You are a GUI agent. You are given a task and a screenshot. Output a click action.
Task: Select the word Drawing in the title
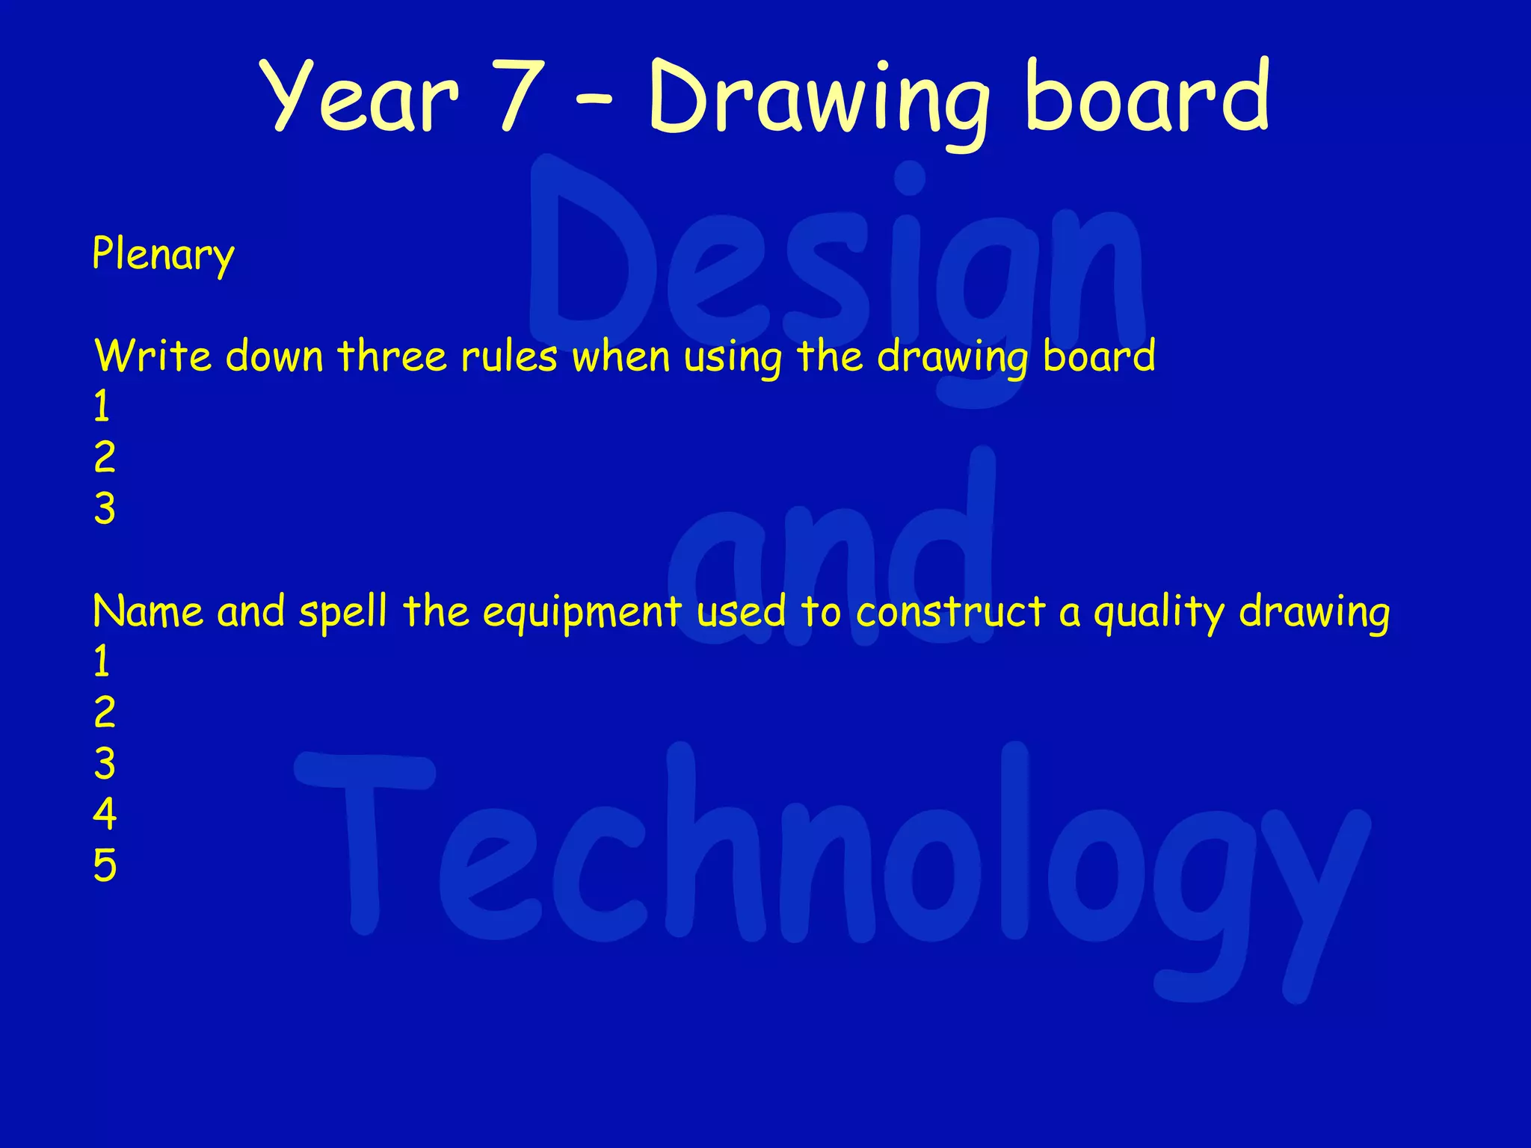(819, 101)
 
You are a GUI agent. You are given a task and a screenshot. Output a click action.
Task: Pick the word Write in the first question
(153, 356)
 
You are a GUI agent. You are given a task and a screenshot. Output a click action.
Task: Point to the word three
(391, 356)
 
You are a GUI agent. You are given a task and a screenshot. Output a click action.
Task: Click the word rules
(508, 356)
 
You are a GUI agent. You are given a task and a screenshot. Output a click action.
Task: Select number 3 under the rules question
(105, 509)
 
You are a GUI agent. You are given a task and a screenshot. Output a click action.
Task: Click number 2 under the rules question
(105, 457)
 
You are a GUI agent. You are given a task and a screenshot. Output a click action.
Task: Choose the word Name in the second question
(147, 611)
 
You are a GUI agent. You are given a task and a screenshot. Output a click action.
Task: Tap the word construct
(950, 611)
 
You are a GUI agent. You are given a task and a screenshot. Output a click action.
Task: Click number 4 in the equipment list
(105, 814)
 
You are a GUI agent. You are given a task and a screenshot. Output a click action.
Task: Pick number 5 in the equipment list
(105, 865)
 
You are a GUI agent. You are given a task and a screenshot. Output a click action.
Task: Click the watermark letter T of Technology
(365, 837)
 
